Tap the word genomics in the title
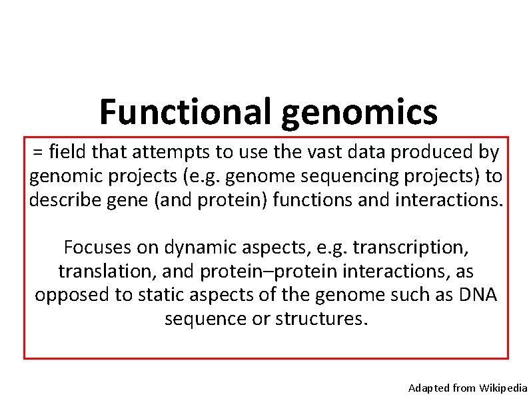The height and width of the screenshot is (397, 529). point(360,112)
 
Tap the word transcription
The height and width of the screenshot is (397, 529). point(411,248)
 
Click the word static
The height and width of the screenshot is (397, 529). point(161,295)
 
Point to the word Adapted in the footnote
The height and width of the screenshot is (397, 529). point(428,388)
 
